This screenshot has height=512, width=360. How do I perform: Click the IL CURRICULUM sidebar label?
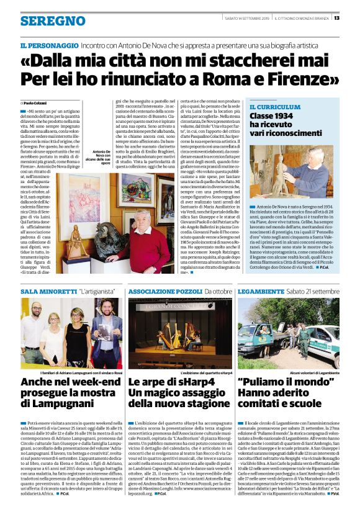pyautogui.click(x=274, y=107)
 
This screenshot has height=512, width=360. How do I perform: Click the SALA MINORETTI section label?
pyautogui.click(x=48, y=290)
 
